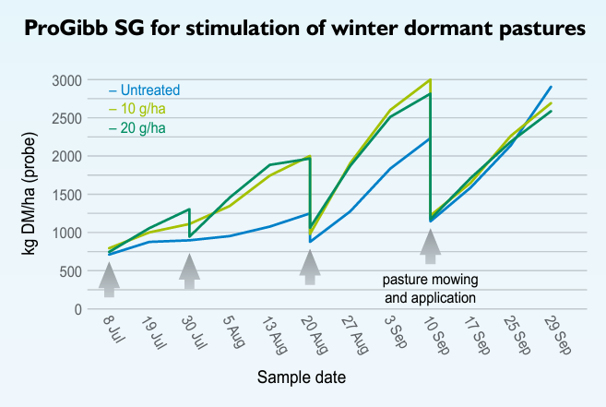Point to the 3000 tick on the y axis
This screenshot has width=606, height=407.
click(66, 80)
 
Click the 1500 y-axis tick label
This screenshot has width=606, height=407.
click(66, 195)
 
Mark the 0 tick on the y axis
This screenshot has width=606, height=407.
click(77, 309)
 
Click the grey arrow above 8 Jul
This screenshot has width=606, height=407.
click(109, 280)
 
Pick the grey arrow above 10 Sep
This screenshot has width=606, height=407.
click(430, 246)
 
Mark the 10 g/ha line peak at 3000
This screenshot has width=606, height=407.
click(431, 80)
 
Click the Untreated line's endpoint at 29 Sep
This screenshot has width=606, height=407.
click(551, 87)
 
